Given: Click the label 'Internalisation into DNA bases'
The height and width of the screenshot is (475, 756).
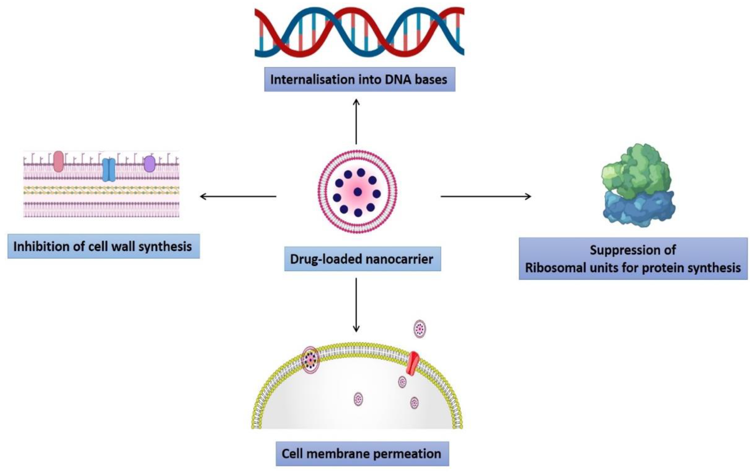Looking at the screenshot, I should coord(360,79).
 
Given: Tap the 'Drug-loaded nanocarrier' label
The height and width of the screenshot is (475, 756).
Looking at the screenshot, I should coord(362,259).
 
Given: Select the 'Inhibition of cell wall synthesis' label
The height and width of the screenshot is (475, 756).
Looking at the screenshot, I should coord(103,246).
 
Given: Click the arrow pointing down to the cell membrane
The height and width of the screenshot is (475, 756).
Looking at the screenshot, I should coord(356,304).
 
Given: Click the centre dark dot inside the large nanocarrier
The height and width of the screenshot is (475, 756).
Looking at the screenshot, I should coord(358,192).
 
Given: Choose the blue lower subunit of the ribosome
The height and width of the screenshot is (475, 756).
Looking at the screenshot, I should coord(639,209).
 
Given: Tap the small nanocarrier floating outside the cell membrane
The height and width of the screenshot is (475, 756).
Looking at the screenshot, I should coord(420,329).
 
